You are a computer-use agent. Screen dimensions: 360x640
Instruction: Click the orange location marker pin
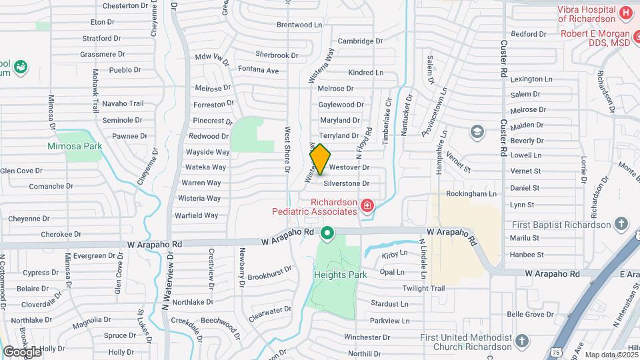click(320, 159)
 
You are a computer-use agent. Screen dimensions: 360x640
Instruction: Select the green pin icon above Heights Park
click(327, 233)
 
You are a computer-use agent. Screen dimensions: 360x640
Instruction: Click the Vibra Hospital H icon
click(625, 13)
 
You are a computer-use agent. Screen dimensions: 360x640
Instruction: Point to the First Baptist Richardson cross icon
click(621, 223)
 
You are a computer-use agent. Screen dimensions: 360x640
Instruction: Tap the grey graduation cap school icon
click(476, 131)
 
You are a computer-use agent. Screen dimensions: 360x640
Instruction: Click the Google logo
click(22, 351)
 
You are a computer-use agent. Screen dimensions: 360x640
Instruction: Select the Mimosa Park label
click(74, 146)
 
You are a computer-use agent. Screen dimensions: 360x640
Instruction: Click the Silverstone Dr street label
click(346, 183)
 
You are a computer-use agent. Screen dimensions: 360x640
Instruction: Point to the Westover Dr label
click(349, 168)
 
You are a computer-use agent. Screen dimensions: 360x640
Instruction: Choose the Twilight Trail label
click(423, 289)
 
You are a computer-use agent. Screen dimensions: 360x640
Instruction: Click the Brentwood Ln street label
click(299, 25)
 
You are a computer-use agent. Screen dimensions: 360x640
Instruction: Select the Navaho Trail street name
click(123, 103)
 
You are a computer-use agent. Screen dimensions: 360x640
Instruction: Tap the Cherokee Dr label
click(61, 235)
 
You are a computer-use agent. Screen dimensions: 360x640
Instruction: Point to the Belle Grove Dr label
click(531, 314)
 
